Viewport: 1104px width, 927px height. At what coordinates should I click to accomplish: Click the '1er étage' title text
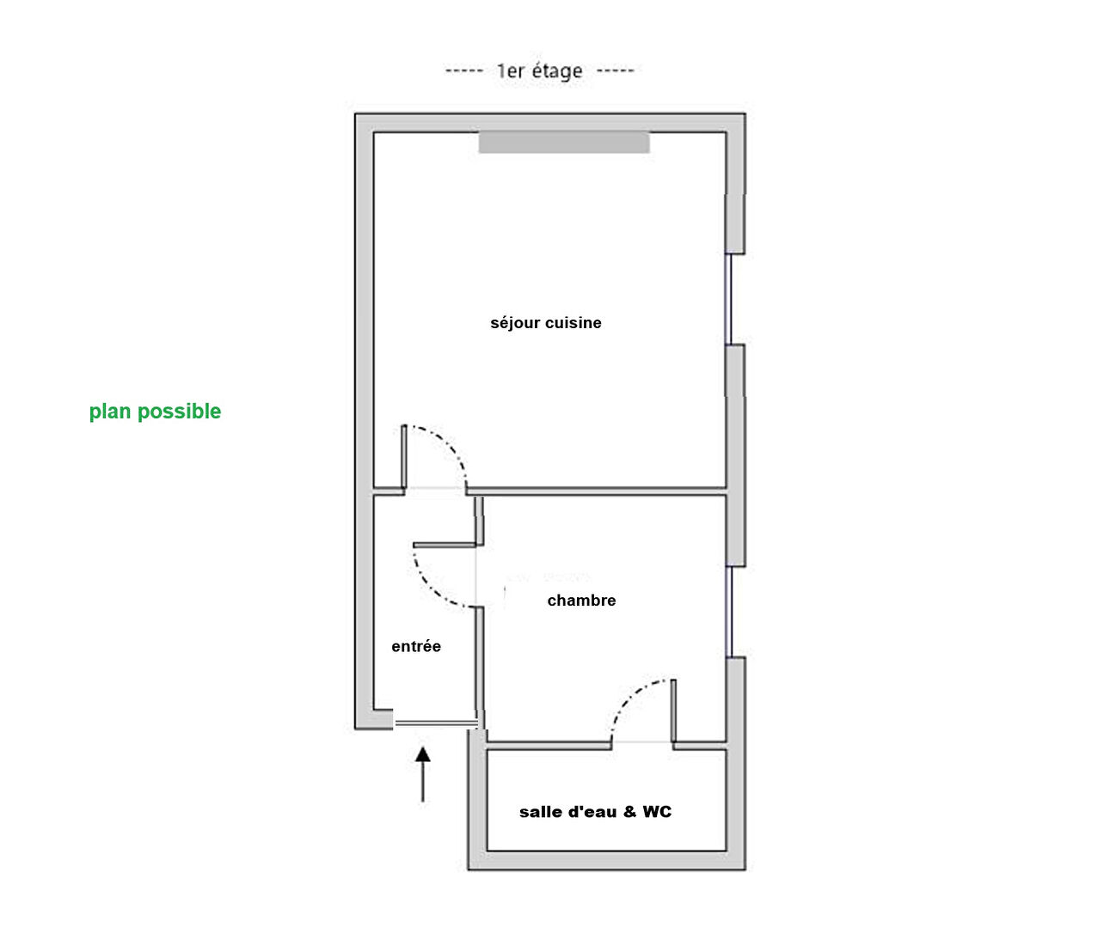tap(539, 70)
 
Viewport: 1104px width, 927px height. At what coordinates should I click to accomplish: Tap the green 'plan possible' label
tap(155, 412)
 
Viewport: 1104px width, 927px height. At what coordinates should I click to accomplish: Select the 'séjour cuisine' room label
tap(546, 323)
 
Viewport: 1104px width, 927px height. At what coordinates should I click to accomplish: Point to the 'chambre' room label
tap(581, 601)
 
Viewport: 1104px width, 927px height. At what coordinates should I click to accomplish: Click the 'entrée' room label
tap(416, 646)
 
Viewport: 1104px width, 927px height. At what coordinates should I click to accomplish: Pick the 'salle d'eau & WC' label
tap(595, 812)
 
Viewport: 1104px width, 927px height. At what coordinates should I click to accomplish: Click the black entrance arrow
tap(422, 774)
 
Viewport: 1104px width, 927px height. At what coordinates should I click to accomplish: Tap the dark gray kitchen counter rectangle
tap(564, 143)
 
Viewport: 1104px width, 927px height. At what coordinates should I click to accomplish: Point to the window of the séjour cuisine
tap(728, 299)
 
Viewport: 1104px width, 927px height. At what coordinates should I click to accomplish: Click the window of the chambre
tap(728, 612)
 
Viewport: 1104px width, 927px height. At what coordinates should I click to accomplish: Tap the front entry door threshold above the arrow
tap(436, 723)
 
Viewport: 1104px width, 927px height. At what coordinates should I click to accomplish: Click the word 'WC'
tap(657, 812)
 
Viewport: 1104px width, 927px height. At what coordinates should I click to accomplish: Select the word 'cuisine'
tap(573, 323)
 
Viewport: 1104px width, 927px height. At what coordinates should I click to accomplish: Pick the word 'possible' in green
tap(179, 412)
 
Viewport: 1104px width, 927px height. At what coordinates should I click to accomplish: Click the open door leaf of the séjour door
tap(404, 457)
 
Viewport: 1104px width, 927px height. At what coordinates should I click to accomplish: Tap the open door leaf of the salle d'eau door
tap(673, 710)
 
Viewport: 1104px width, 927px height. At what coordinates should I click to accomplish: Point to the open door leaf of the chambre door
tap(445, 545)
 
